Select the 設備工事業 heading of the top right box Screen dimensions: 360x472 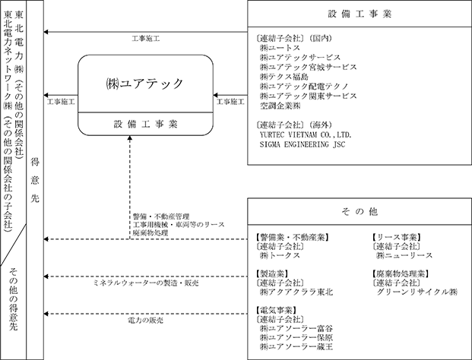(361, 14)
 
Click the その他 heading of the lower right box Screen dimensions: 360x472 (361, 211)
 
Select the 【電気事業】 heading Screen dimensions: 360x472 (280, 310)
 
